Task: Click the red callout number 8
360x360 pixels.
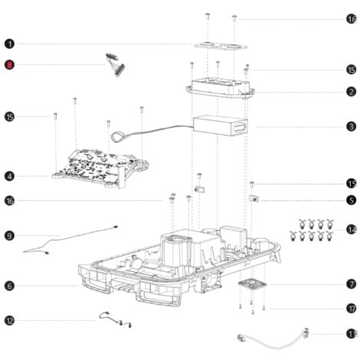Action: [x=9, y=65]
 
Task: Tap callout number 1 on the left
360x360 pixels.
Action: [x=9, y=44]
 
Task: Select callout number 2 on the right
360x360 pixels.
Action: [x=352, y=92]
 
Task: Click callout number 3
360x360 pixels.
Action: [x=352, y=126]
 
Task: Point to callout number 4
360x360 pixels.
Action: [x=9, y=176]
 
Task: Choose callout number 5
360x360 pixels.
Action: [x=352, y=200]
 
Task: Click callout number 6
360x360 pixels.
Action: [x=9, y=286]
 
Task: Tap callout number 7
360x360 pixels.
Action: [x=352, y=284]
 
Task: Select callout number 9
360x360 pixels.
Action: [x=9, y=235]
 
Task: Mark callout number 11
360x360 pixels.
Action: [x=352, y=334]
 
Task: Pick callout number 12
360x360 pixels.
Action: [x=9, y=321]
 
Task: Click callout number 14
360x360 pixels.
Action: [x=352, y=230]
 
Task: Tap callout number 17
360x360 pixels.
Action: [x=352, y=309]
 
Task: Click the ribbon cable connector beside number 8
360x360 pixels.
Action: [x=116, y=65]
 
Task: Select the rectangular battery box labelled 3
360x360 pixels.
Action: [x=220, y=126]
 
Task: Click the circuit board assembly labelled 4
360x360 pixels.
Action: [x=100, y=168]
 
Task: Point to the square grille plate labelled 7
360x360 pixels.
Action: [x=252, y=284]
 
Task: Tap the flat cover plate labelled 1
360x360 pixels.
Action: [x=221, y=46]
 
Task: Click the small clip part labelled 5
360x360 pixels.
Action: [x=254, y=198]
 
